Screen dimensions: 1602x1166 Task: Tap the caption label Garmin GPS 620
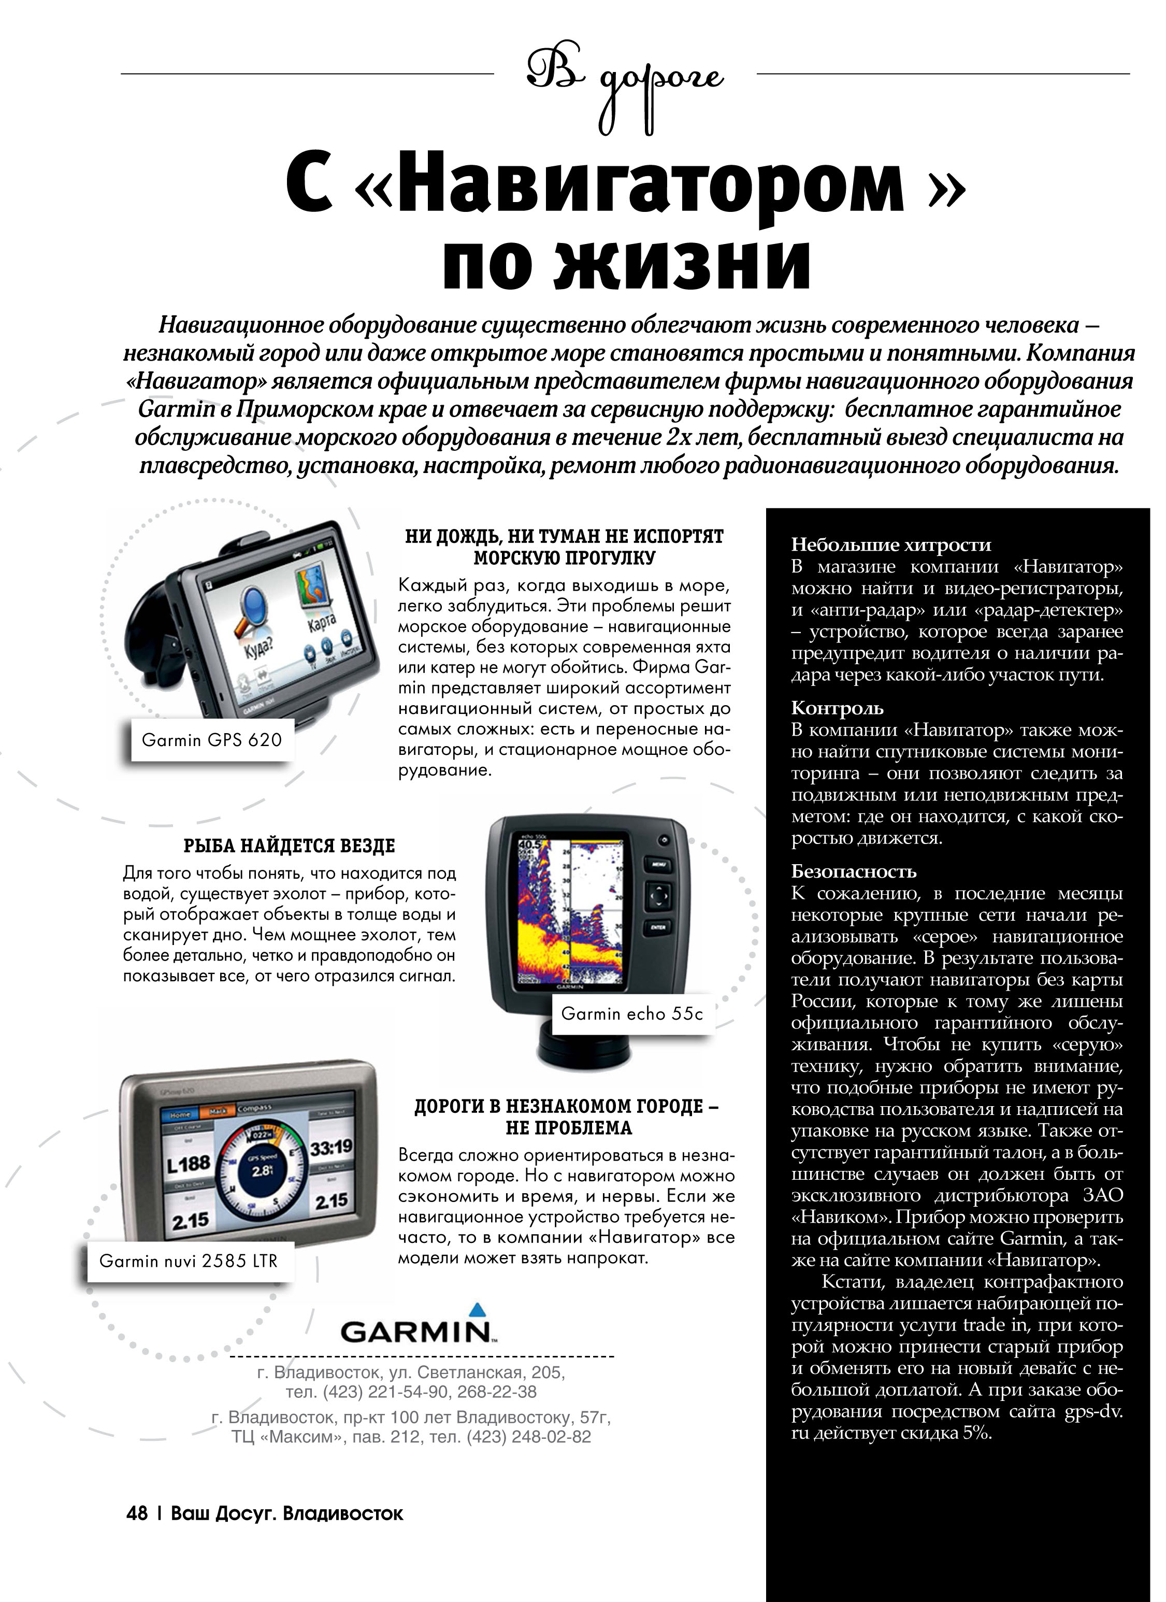point(212,739)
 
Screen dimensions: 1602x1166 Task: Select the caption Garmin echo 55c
point(632,1013)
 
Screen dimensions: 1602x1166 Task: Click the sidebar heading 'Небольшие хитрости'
point(890,545)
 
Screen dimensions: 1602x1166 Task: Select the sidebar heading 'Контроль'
point(837,708)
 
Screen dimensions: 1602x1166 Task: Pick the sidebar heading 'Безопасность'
point(853,871)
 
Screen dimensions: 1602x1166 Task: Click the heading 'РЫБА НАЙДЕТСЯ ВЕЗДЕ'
point(290,846)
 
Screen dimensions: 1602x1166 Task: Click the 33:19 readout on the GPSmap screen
point(330,1148)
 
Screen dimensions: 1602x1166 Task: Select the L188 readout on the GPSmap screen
point(189,1163)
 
